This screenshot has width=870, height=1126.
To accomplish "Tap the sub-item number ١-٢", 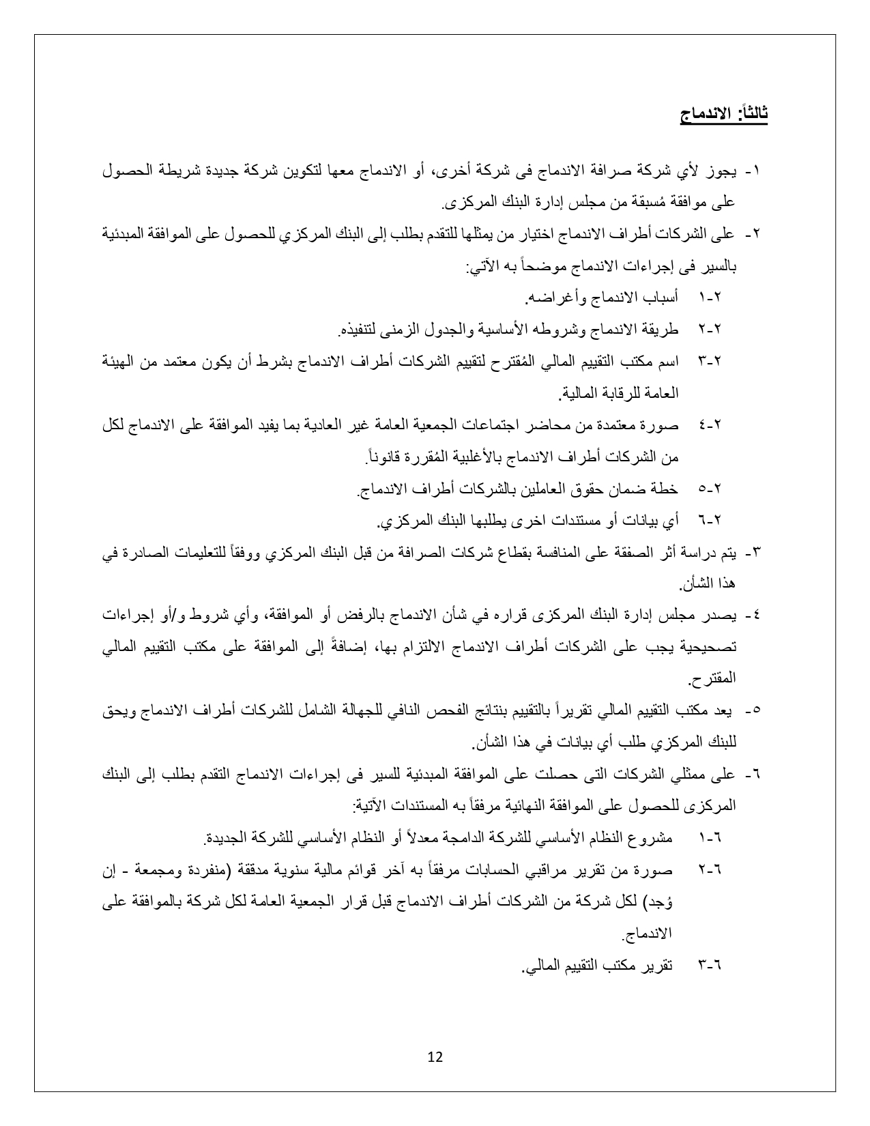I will click(x=710, y=298).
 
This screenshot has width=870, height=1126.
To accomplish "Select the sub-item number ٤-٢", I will click(x=710, y=425).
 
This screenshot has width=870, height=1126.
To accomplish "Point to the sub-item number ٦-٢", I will click(x=710, y=521).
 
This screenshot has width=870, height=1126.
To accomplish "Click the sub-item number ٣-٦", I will click(x=710, y=966).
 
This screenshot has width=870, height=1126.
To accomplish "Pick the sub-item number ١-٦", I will click(x=710, y=838).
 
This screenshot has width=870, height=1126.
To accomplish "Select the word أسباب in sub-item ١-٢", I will click(x=662, y=298).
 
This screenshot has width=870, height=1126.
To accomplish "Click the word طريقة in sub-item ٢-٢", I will click(x=662, y=330).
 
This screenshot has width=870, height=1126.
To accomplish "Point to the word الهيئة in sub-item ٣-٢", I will click(x=121, y=362).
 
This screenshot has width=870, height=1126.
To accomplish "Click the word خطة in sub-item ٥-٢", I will click(x=667, y=489).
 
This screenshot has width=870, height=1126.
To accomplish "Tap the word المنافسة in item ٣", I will click(x=540, y=553).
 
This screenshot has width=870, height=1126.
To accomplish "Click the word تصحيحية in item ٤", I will click(x=710, y=647).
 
